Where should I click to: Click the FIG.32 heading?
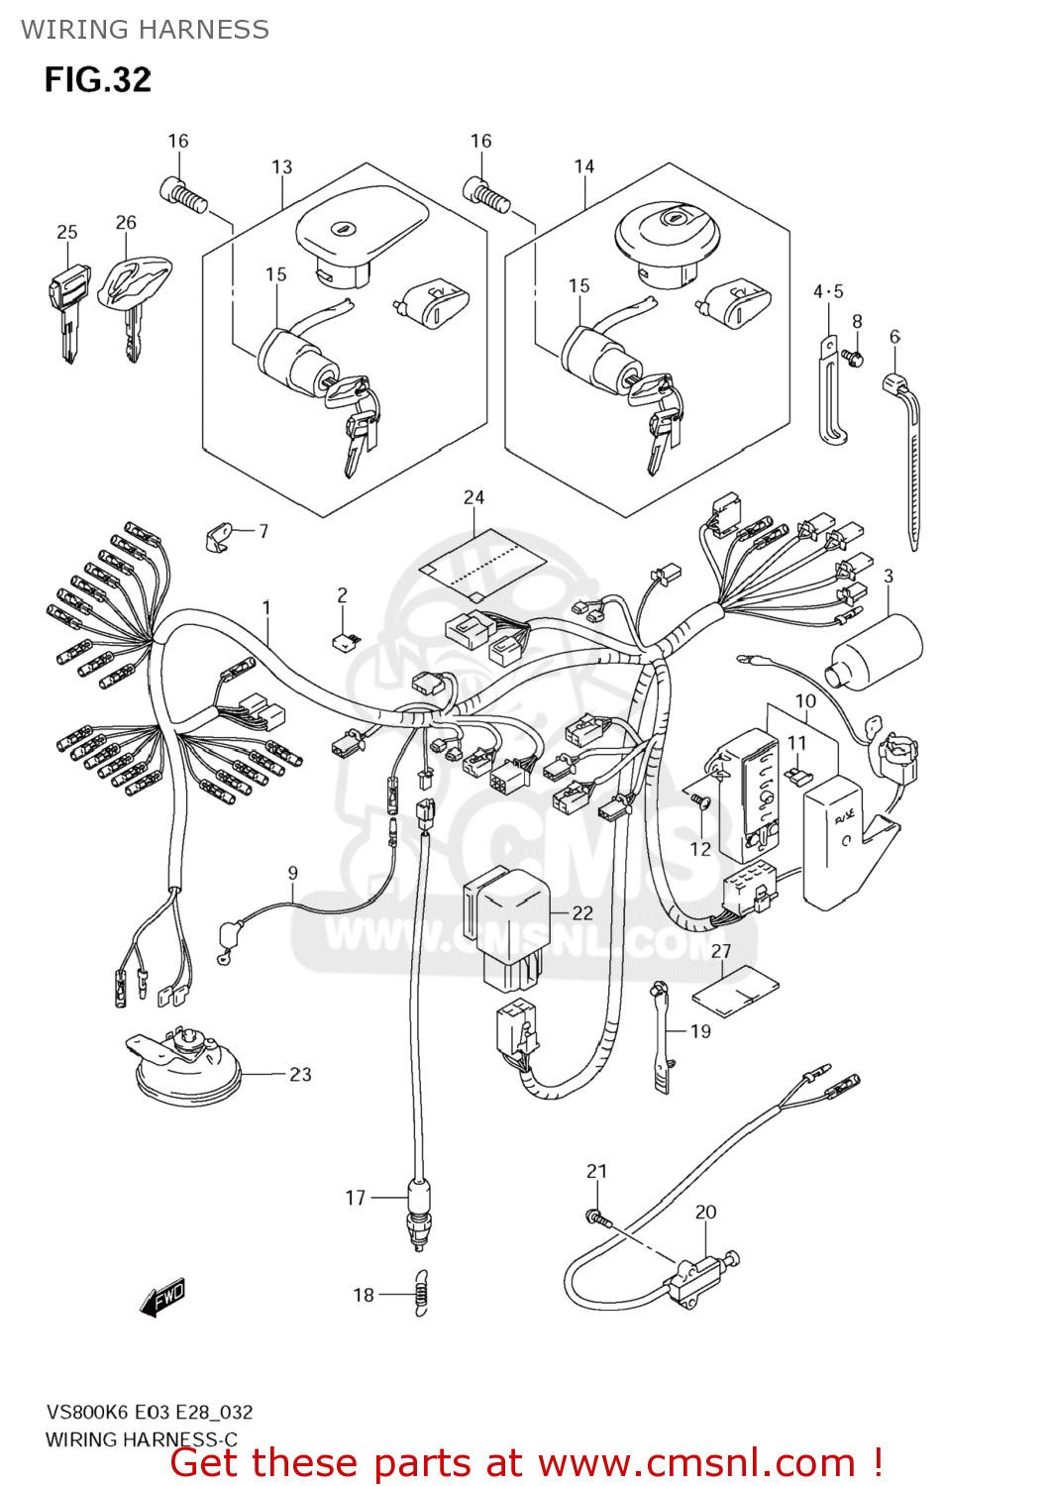[97, 79]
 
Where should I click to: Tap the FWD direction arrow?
[164, 1296]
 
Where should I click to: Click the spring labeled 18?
[421, 1293]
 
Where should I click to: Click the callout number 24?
[473, 497]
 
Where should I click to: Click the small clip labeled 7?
[220, 536]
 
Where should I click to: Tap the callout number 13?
[281, 166]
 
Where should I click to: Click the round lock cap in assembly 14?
[668, 236]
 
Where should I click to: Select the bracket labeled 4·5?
[830, 391]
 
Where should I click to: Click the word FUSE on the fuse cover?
[845, 817]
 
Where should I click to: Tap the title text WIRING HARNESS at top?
[145, 30]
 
